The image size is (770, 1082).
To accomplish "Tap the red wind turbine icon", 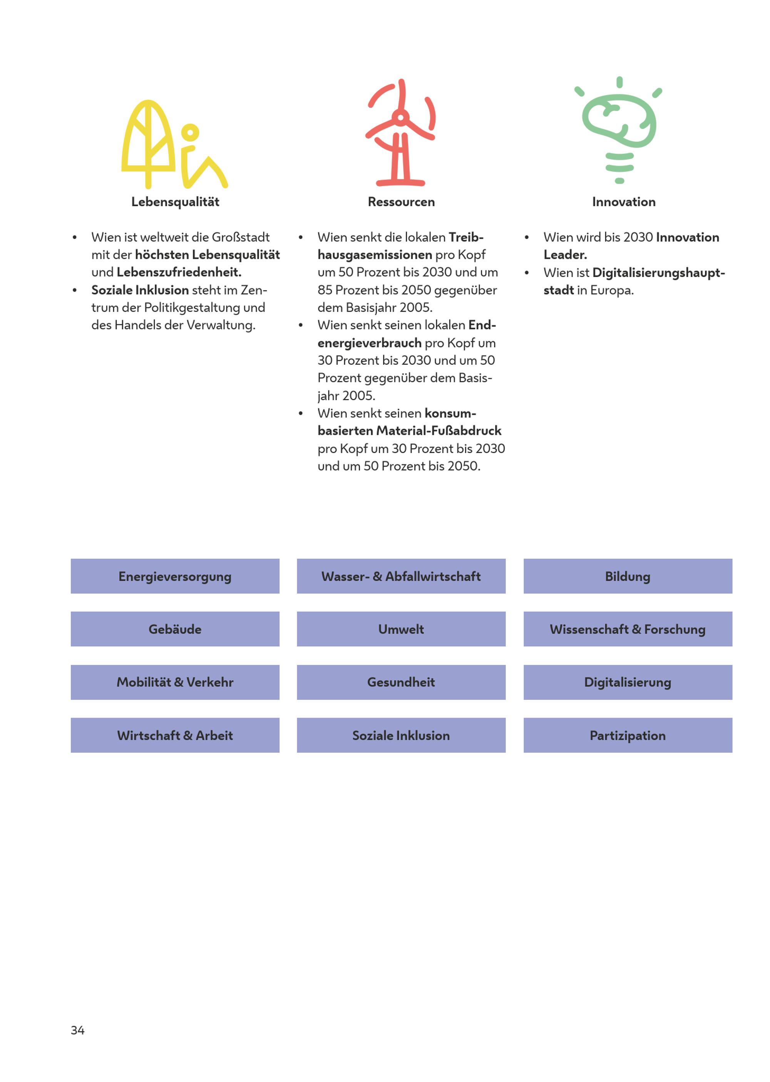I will (x=401, y=133).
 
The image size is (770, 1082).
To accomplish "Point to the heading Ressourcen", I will (x=401, y=202).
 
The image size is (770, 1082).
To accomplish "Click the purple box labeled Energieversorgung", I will (x=175, y=576).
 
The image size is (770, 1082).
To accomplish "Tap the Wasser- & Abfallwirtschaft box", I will (x=401, y=576).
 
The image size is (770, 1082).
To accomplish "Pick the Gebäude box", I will (x=175, y=629).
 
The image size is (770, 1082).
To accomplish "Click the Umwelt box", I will (x=401, y=629).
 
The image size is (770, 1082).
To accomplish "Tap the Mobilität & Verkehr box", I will (x=175, y=682).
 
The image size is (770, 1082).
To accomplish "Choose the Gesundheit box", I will (x=401, y=682).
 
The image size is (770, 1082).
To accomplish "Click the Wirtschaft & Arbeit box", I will (x=175, y=735).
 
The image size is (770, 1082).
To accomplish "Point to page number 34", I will (x=78, y=1030).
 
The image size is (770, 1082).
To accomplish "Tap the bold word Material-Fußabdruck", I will (x=439, y=431).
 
